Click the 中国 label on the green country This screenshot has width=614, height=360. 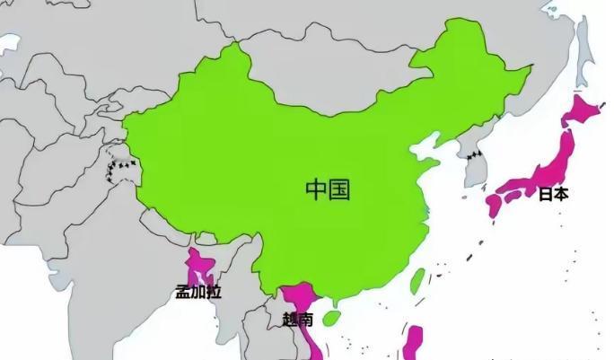327,189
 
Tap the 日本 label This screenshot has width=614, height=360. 554,193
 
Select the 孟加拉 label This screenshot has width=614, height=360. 197,292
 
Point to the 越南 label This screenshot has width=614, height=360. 298,319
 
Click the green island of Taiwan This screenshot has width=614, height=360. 417,281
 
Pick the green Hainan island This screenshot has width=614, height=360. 332,317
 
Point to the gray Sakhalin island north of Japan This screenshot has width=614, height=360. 583,45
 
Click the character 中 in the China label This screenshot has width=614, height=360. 316,189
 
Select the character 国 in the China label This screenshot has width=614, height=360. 338,189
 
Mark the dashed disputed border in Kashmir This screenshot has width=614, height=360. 119,167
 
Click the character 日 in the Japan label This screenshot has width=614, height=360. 546,193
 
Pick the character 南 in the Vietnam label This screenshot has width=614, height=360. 307,319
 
